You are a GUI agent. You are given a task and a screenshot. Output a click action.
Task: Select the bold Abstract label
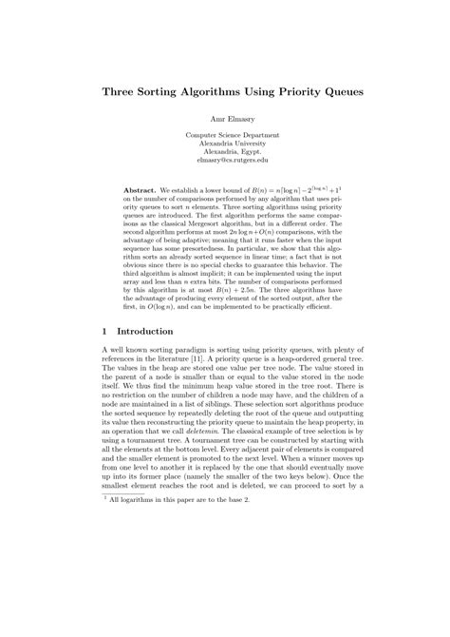[141, 191]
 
